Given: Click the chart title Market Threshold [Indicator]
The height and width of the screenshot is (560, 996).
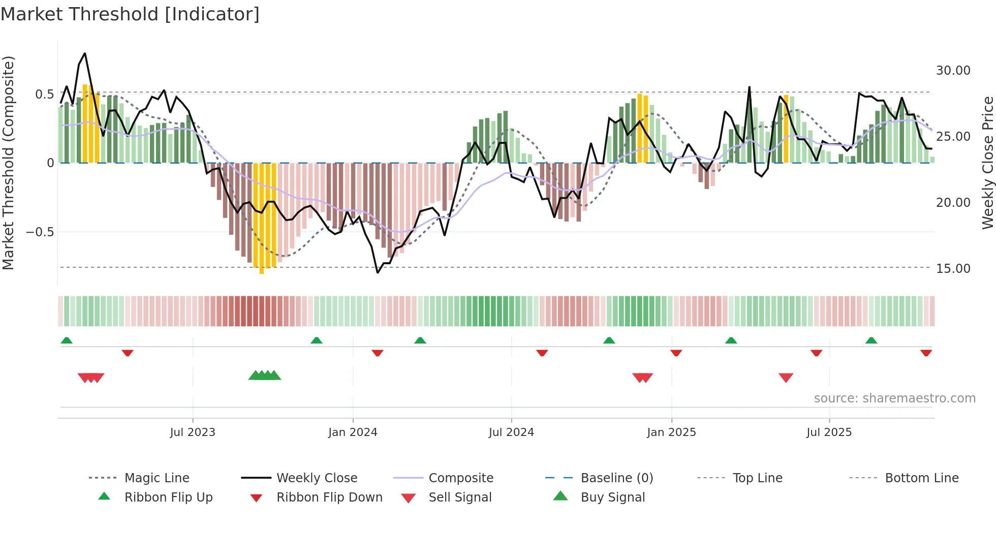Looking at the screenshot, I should coord(130,14).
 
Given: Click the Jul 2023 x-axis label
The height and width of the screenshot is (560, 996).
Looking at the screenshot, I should coord(193,432).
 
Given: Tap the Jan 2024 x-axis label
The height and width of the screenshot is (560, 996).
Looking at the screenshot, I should coord(353,432).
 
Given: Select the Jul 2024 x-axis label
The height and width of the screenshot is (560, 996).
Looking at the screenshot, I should coord(511,432).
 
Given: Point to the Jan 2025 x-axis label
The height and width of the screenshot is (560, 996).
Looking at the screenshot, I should coord(671,432).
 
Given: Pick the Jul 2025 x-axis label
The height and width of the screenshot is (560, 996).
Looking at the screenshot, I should coord(829,432).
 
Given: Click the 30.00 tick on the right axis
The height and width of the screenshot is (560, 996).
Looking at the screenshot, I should coord(953,70).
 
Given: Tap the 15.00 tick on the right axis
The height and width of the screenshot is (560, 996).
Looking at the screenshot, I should coord(953,268).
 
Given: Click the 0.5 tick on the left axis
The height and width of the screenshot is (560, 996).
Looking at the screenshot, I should coord(44,94).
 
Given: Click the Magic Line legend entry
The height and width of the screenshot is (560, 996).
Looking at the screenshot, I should coord(157,478).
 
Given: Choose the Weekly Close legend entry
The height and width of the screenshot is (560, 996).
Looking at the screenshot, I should coord(317,478).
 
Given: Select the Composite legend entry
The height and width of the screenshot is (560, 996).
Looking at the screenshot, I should coord(461,478).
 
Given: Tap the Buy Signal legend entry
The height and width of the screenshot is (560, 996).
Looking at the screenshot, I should coord(612,497).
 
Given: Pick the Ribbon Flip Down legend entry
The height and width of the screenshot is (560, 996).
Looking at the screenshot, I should coord(329,497).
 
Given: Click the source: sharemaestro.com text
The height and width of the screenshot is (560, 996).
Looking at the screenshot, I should coord(894,398).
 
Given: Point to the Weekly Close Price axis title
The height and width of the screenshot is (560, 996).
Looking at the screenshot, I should coord(987,163).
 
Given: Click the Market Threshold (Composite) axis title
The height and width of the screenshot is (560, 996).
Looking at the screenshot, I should coord(8,163).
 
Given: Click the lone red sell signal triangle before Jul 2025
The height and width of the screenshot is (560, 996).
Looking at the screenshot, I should coord(786,378).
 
